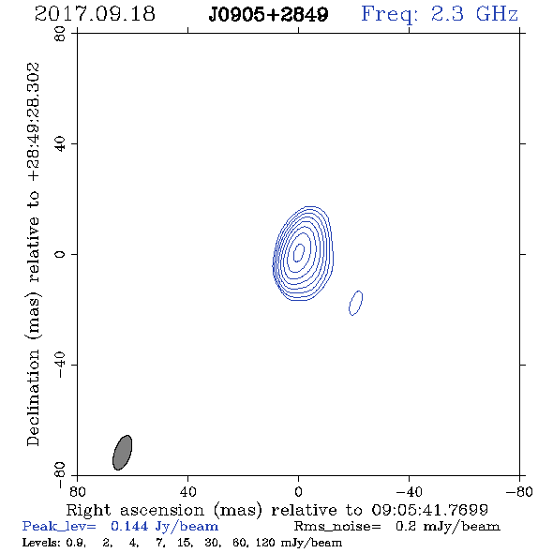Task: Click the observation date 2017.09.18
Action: click(x=95, y=14)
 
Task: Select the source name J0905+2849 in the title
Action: click(x=268, y=14)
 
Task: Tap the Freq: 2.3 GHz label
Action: click(x=440, y=14)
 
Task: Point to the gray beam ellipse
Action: click(x=123, y=453)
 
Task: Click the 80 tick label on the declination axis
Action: click(x=60, y=34)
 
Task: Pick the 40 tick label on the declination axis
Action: click(x=60, y=144)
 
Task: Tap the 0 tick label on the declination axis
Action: click(x=60, y=254)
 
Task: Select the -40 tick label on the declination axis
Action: click(x=60, y=365)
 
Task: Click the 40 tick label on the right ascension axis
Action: click(x=187, y=491)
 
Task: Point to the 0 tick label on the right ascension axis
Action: click(x=298, y=491)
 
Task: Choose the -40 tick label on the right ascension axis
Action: click(x=409, y=491)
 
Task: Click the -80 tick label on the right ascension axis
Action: click(x=519, y=491)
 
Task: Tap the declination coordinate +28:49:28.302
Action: click(x=34, y=122)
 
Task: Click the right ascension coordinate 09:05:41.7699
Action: click(x=430, y=510)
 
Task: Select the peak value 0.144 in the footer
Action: click(x=129, y=526)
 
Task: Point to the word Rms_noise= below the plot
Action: click(x=337, y=526)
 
